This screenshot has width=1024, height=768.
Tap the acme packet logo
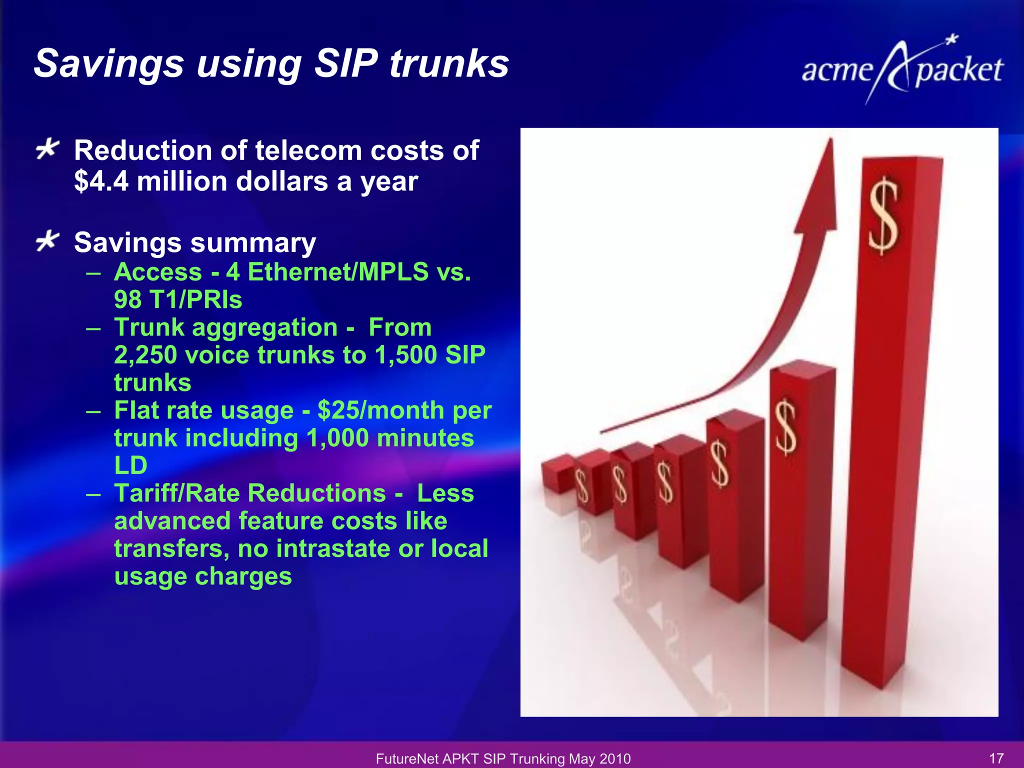tap(902, 70)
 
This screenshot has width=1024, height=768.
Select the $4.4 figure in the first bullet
tap(101, 181)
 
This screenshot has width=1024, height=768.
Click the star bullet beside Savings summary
tap(48, 241)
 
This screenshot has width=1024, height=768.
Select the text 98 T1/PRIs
tap(178, 300)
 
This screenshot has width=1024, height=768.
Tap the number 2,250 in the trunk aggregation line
tap(145, 355)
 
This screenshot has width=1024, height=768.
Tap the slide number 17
tap(996, 758)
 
